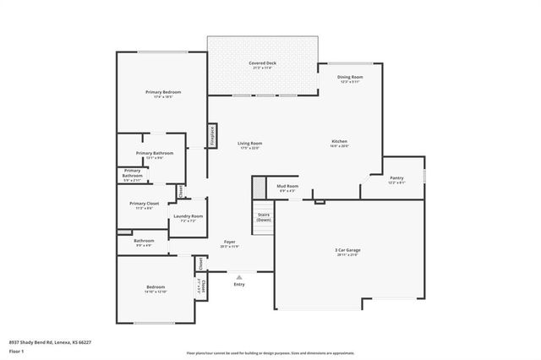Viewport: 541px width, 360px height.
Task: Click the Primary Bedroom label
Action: coord(163,92)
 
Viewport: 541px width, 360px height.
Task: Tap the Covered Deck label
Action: coord(262,64)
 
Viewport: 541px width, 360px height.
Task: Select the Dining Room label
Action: coord(350,77)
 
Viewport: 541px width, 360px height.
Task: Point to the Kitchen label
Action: coord(339,142)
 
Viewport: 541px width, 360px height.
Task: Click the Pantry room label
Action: coord(396,178)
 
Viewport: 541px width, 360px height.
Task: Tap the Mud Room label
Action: coord(287,186)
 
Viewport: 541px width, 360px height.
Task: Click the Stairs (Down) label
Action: coord(264,216)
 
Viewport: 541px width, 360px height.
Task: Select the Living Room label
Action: coord(249,145)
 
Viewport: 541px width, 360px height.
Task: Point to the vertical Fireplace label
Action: coord(212,136)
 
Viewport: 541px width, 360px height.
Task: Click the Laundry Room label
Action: coord(188,216)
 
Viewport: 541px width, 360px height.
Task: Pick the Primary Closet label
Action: coord(145,204)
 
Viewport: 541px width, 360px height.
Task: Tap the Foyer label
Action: coord(229,243)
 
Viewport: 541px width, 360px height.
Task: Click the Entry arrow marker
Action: coord(239,276)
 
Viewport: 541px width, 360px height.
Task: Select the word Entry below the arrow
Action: coord(239,284)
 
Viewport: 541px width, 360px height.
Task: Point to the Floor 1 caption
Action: coord(16,349)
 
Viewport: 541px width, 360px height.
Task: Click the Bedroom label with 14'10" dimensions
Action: coord(156,287)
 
